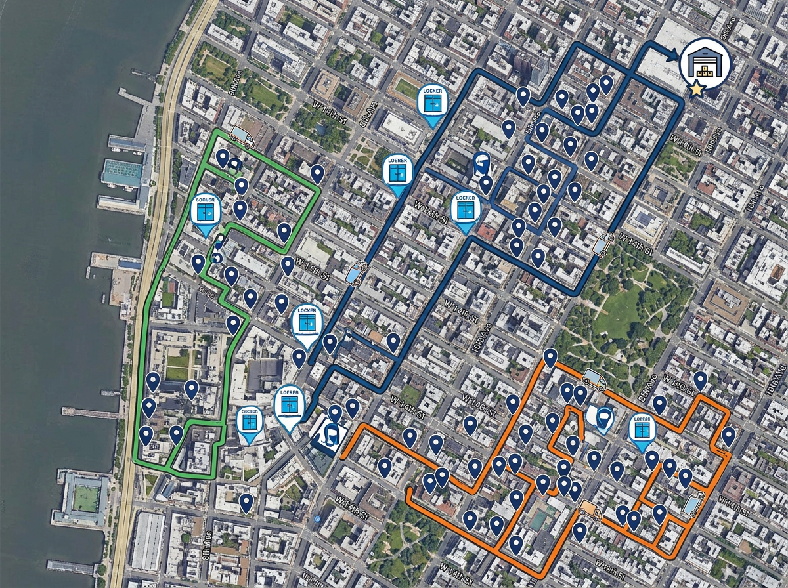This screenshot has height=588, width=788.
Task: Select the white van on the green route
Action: [242, 136]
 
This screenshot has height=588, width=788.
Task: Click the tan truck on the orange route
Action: [590, 510]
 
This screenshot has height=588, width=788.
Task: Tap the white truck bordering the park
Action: [594, 379]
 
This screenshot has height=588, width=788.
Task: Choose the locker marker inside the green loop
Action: [206, 212]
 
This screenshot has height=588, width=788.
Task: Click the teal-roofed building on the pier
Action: [122, 173]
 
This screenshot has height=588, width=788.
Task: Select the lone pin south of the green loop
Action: [246, 503]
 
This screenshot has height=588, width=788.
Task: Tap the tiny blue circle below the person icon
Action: [317, 518]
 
